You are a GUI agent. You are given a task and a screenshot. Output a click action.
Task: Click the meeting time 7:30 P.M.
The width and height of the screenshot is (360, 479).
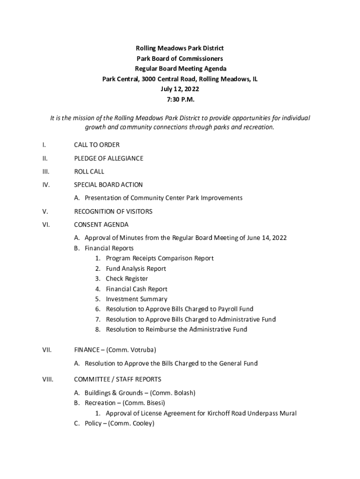click(180, 100)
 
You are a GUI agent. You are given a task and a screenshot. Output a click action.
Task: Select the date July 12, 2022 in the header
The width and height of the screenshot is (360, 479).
click(180, 89)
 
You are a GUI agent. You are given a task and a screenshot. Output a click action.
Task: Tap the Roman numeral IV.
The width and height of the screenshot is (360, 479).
click(46, 185)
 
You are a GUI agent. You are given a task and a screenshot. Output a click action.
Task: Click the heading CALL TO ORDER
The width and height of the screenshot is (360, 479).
click(97, 145)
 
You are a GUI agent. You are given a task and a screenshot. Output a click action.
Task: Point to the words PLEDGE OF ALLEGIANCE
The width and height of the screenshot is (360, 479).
click(108, 158)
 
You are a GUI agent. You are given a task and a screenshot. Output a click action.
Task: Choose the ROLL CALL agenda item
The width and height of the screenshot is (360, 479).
click(89, 172)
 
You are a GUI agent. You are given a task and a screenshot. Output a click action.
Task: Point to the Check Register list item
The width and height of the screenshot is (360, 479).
click(127, 279)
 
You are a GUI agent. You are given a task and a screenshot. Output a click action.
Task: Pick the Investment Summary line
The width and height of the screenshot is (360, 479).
click(136, 299)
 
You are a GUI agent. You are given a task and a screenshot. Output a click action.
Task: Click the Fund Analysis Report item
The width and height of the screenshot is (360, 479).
click(136, 269)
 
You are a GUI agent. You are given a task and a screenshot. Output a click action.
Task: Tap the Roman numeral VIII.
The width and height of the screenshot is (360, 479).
click(48, 379)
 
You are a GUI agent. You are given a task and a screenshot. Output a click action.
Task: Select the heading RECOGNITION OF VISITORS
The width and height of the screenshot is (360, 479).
click(114, 211)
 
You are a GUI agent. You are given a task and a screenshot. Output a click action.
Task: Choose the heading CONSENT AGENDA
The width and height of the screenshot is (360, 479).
click(101, 225)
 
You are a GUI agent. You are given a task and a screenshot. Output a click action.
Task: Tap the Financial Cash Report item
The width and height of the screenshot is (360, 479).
click(137, 289)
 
